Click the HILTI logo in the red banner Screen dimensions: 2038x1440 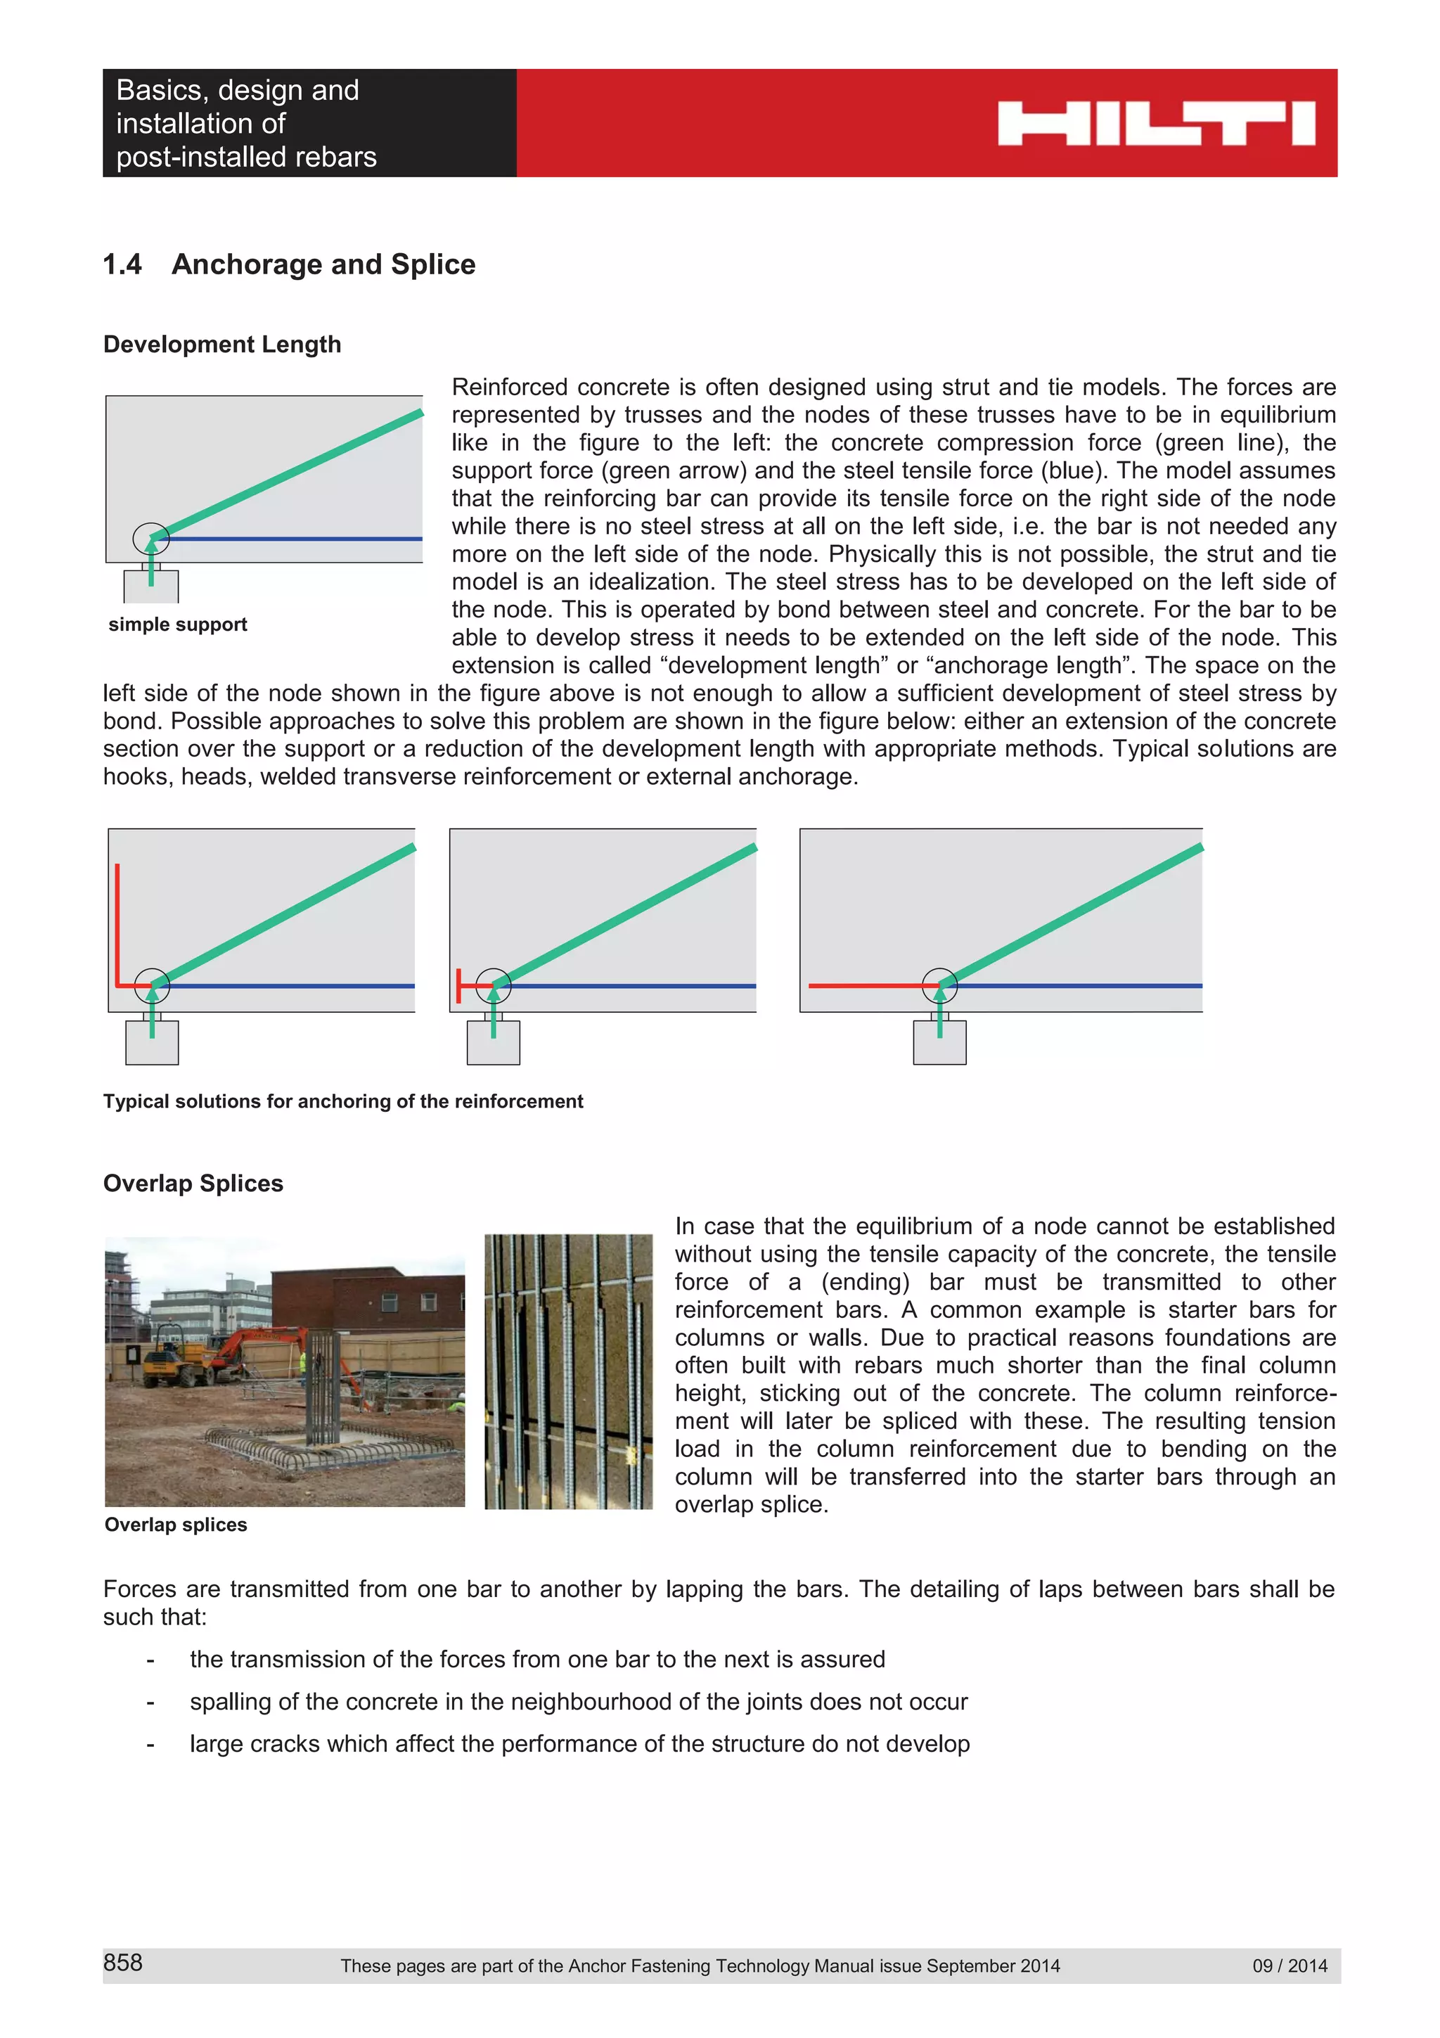click(x=1155, y=123)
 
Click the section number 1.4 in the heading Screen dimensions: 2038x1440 click(x=122, y=264)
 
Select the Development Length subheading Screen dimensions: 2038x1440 click(x=221, y=345)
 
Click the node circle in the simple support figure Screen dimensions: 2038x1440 click(x=151, y=538)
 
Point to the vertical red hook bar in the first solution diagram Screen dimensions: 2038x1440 click(x=117, y=923)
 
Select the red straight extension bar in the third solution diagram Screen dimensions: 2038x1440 click(x=865, y=985)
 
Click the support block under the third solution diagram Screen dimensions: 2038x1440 click(x=939, y=1043)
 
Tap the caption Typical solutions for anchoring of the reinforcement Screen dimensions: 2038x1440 click(x=342, y=1101)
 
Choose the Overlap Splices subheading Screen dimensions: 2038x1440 click(x=193, y=1184)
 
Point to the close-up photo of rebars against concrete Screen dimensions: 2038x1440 click(x=568, y=1371)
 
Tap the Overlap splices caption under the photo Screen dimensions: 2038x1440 click(x=176, y=1525)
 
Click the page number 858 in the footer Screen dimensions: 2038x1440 click(x=122, y=1963)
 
